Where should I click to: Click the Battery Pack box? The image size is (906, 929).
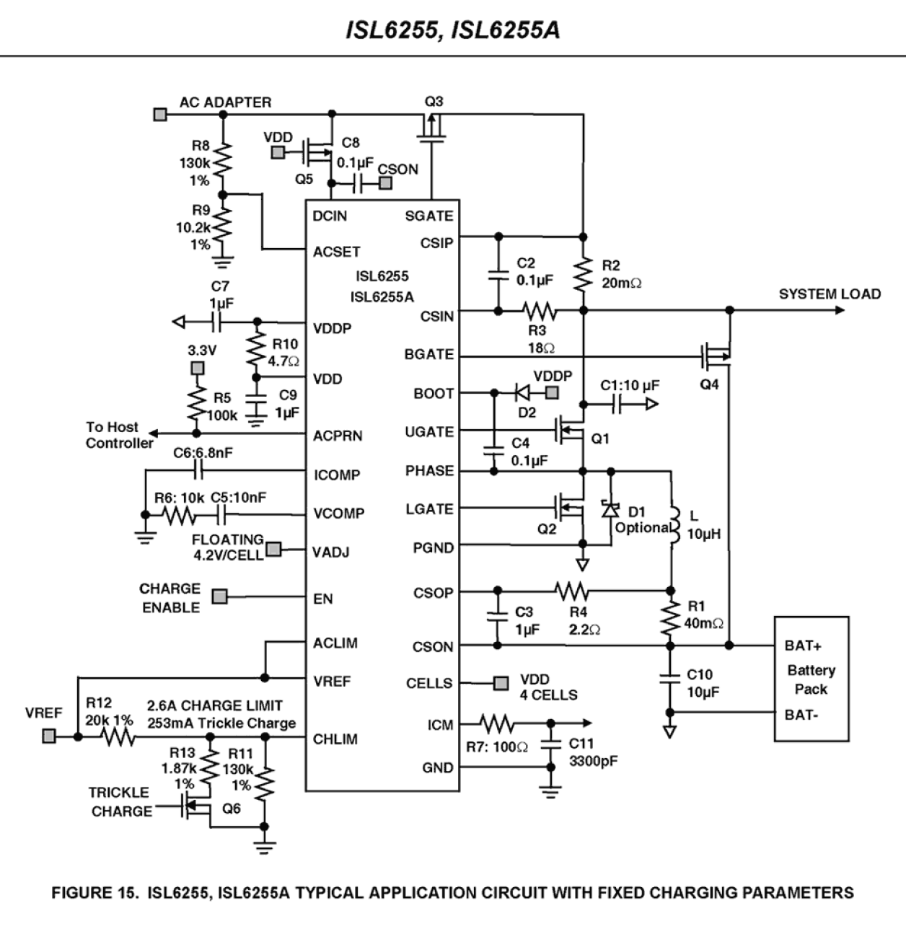point(811,678)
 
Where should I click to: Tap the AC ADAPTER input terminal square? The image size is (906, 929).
point(160,114)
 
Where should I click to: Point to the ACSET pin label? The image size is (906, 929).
point(336,252)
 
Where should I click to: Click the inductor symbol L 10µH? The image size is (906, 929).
point(674,524)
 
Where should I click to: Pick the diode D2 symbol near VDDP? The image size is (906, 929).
point(524,393)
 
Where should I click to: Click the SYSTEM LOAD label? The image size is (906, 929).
point(830,294)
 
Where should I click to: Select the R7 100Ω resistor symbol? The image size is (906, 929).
point(496,723)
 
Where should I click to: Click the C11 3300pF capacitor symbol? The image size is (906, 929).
point(551,743)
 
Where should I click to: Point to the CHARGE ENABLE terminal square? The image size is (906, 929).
point(220,597)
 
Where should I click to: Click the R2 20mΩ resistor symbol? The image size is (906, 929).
point(583,275)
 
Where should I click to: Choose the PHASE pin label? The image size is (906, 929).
point(429,471)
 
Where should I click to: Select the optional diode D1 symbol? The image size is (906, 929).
point(611,510)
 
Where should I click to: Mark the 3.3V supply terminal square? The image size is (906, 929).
point(196,369)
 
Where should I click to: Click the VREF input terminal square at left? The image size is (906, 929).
point(49,736)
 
